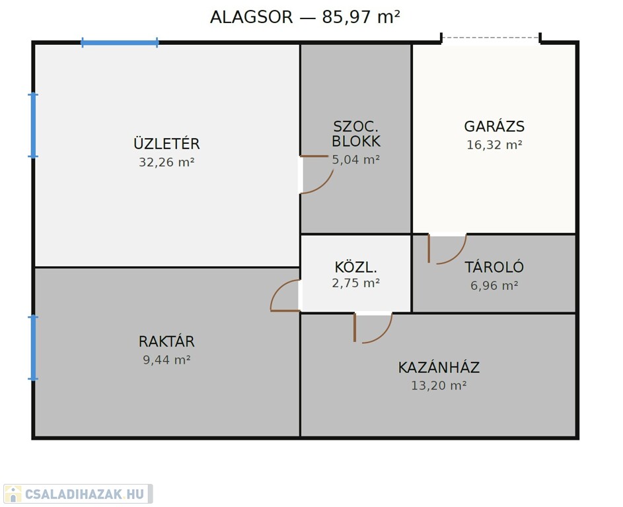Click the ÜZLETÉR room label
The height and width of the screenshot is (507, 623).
point(166,143)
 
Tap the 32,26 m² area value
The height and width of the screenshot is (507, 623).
point(166,162)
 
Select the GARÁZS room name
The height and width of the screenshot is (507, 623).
point(494,126)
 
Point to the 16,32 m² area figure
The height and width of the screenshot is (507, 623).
point(494,145)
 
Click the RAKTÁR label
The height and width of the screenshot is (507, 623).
point(166,341)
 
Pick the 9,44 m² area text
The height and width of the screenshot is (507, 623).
point(166,360)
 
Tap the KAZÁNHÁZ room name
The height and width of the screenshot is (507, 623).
point(439,367)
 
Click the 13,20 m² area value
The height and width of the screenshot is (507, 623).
point(439,386)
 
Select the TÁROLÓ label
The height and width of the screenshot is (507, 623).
point(494,267)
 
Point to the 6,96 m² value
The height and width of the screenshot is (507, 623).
point(494,285)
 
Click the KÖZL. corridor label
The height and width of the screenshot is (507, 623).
point(355,267)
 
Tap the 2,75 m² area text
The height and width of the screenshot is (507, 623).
point(355,283)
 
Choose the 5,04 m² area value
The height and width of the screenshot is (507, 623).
point(355,160)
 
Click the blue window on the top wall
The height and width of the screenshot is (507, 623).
point(120,42)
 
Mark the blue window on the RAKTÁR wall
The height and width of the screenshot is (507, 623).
point(34,348)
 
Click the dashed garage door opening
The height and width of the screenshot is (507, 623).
point(491,38)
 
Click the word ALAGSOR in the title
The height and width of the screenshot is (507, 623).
point(251,17)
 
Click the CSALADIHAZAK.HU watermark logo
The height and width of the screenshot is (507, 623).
point(78,494)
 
